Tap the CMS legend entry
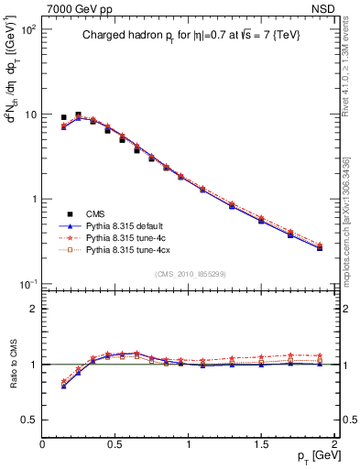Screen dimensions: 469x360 pos(100,212)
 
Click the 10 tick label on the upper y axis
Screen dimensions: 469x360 pos(32,115)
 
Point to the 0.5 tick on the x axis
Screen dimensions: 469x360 pos(115,442)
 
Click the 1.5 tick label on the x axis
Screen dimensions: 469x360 pos(261,442)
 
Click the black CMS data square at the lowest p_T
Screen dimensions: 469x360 pos(63,117)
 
